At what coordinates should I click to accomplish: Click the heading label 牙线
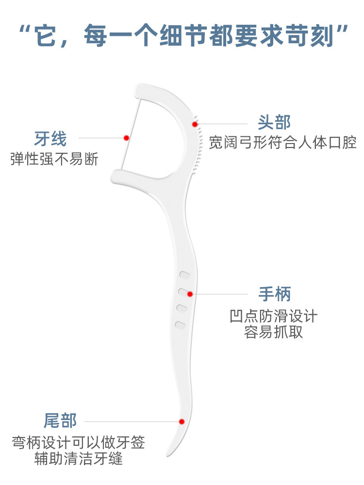(50, 139)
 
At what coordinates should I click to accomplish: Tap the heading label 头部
(274, 122)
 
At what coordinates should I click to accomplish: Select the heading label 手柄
(274, 294)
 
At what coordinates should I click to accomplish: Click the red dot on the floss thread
(127, 138)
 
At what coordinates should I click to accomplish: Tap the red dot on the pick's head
(195, 124)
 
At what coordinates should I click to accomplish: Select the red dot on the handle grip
(190, 294)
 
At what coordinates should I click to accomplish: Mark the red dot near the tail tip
(182, 421)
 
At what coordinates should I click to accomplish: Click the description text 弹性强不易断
(54, 159)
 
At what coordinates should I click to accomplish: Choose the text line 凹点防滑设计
(274, 317)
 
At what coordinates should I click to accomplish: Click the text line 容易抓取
(274, 333)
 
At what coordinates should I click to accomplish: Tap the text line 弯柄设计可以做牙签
(79, 442)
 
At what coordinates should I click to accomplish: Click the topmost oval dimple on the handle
(184, 275)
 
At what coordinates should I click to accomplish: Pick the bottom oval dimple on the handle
(181, 324)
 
